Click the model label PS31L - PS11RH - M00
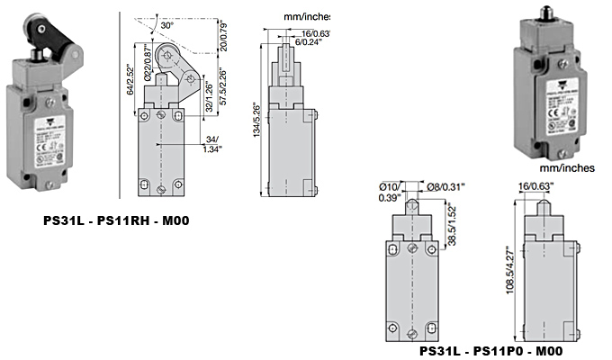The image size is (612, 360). [x=122, y=219]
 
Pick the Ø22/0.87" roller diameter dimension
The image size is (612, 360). [x=144, y=58]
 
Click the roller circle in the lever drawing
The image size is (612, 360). [x=166, y=58]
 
